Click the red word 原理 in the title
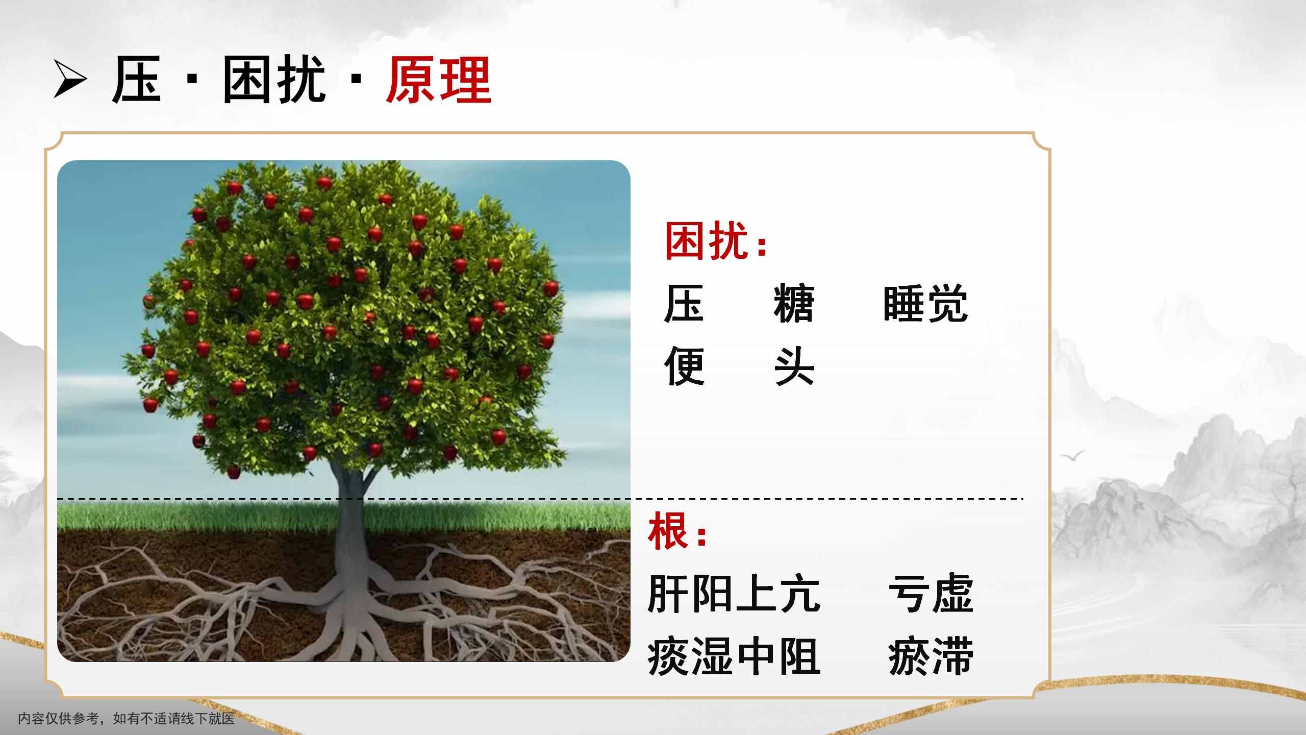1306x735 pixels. click(438, 80)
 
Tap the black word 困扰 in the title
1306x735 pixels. click(274, 80)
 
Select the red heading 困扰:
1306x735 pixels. click(716, 241)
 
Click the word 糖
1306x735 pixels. click(793, 304)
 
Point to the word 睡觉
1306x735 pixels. click(925, 304)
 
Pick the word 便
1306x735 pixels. click(685, 366)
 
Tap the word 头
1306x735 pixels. click(794, 366)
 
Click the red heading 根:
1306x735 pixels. click(677, 532)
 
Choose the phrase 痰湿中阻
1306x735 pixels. click(734, 656)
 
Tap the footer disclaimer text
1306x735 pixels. click(127, 719)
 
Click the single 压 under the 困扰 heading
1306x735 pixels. click(684, 304)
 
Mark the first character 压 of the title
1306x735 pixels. click(136, 80)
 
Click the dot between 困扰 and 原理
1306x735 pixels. click(357, 79)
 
